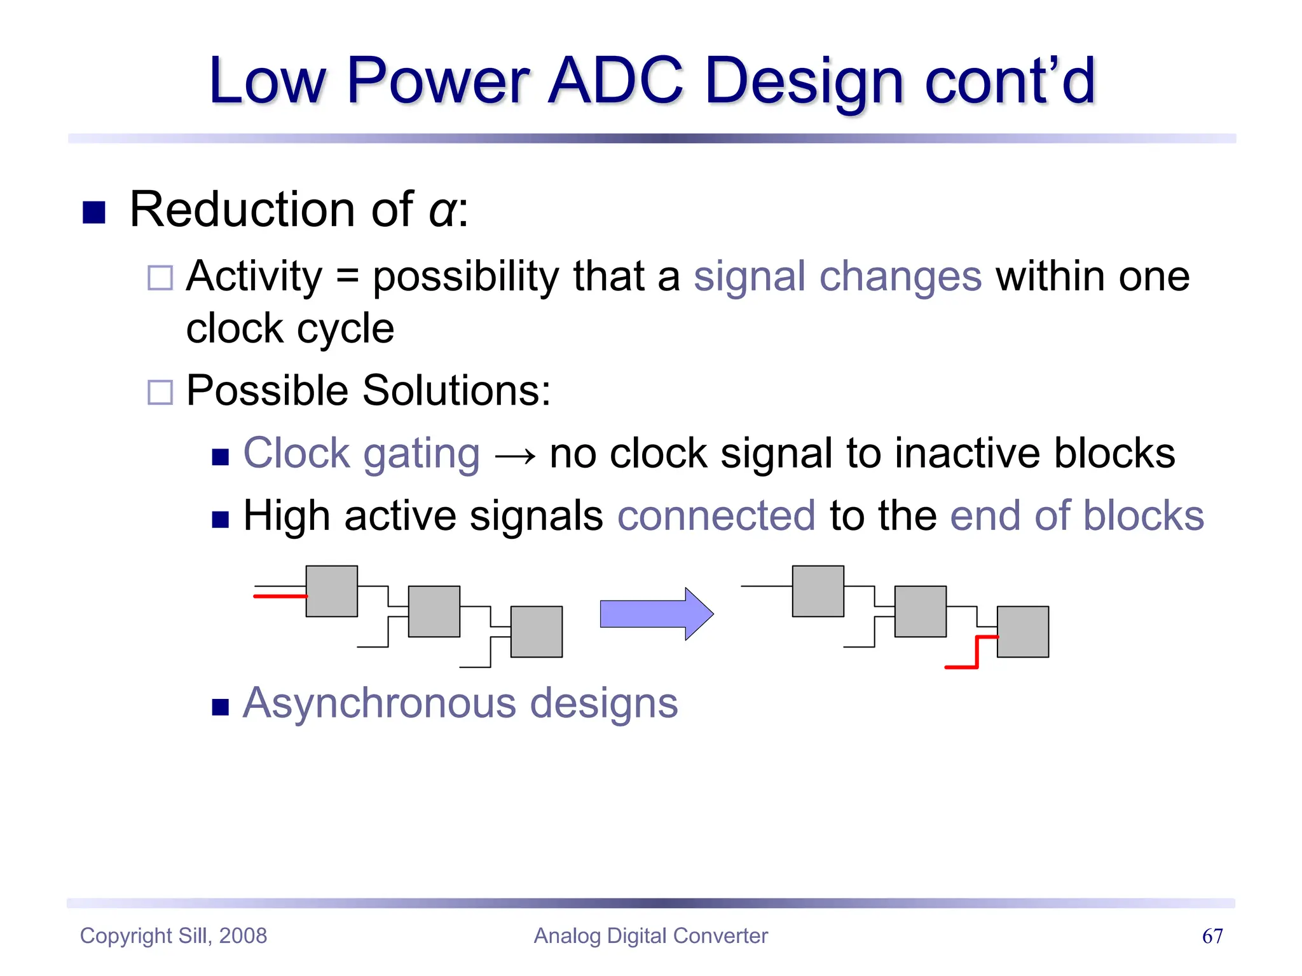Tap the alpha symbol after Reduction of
click(x=442, y=212)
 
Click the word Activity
click(x=254, y=277)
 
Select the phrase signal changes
click(x=837, y=277)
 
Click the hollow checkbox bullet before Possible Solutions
click(x=160, y=392)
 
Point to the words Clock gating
click(x=361, y=454)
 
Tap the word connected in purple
click(x=716, y=515)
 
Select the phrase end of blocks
click(x=1076, y=515)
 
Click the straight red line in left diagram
click(x=280, y=597)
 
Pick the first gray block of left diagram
click(x=331, y=591)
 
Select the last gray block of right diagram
click(x=1022, y=632)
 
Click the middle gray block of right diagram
click(x=920, y=611)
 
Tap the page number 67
click(x=1212, y=936)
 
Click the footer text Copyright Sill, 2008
click(x=174, y=936)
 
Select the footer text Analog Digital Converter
click(x=650, y=936)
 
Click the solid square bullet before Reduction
click(x=94, y=212)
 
